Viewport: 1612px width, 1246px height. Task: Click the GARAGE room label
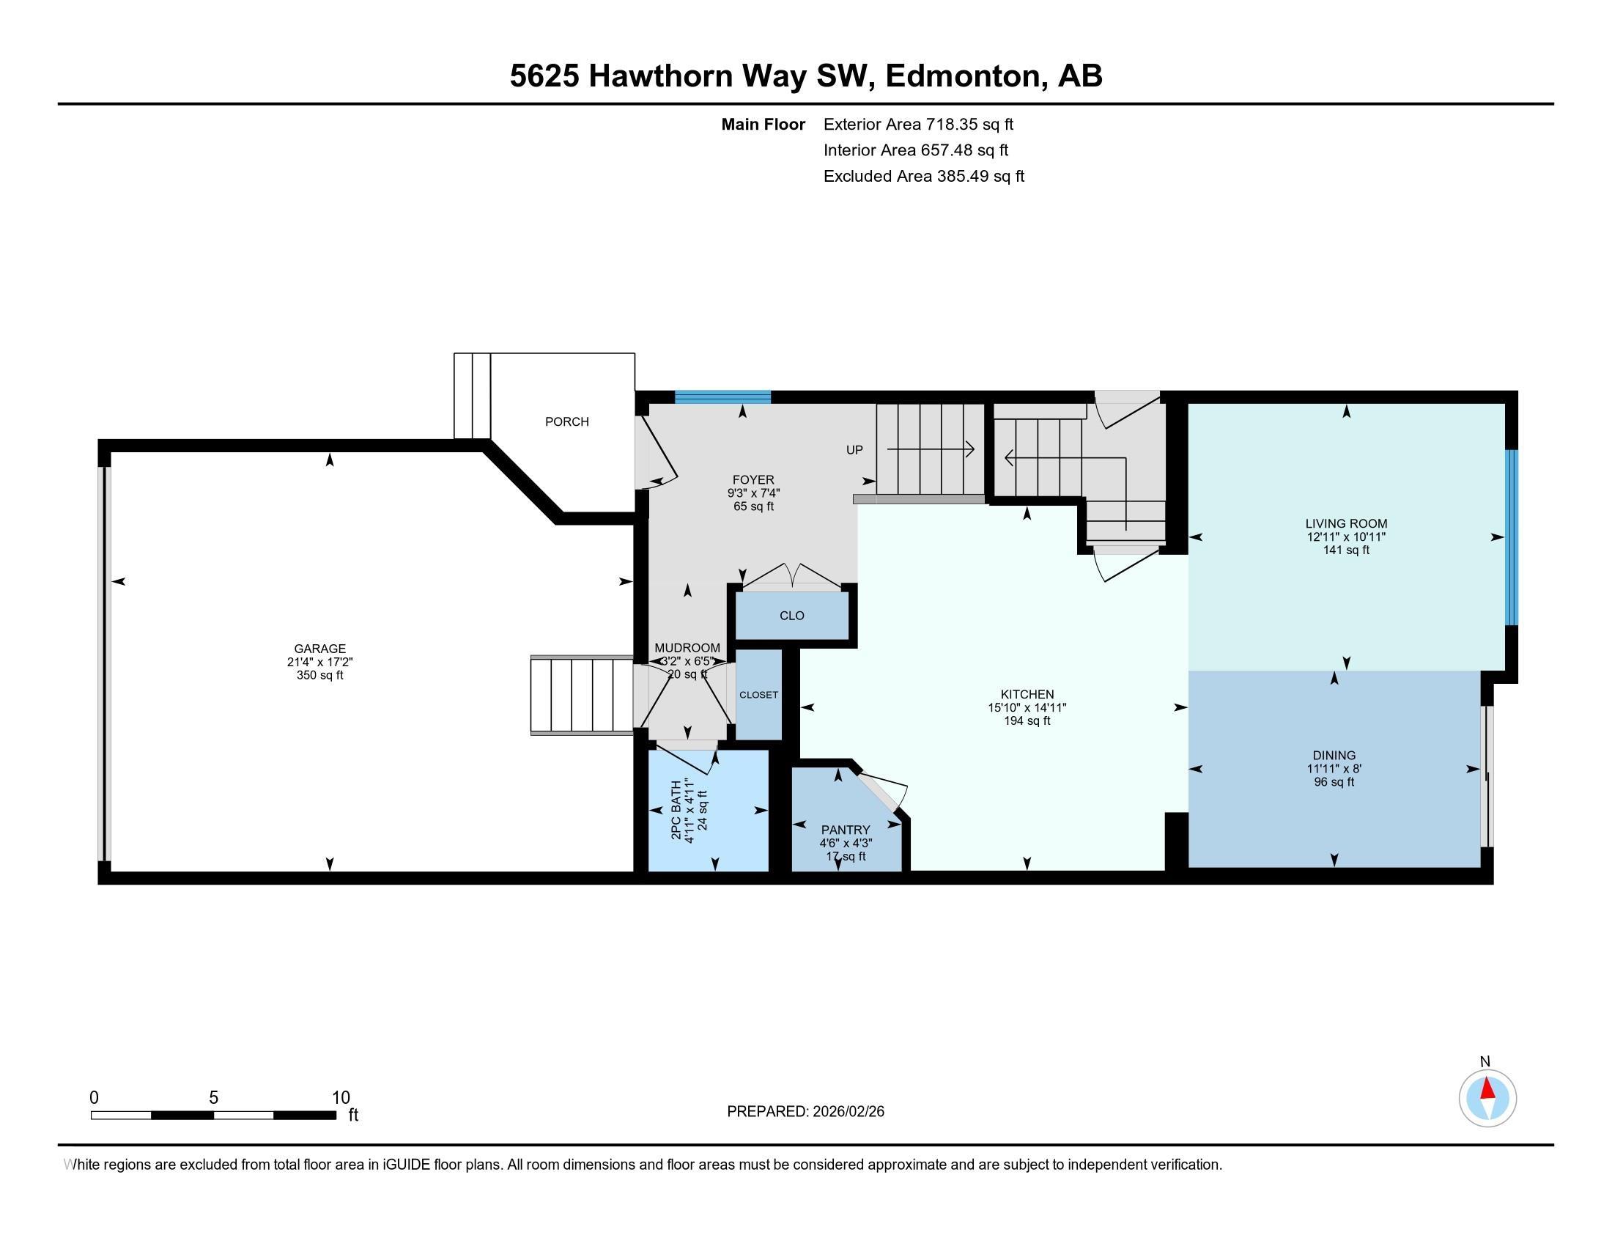(x=319, y=649)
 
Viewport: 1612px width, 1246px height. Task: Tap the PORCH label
(x=567, y=421)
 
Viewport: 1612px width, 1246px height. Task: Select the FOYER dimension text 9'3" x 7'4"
(x=753, y=493)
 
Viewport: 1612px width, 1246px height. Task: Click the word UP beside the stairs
(x=854, y=449)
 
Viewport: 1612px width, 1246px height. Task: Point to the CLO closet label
(x=791, y=616)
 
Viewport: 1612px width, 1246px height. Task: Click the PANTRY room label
(x=845, y=830)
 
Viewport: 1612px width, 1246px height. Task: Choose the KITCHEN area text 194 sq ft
(x=1027, y=720)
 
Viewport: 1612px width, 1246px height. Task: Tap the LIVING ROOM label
(x=1345, y=523)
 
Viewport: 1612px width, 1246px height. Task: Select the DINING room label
(x=1334, y=755)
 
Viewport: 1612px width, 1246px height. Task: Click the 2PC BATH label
(x=676, y=811)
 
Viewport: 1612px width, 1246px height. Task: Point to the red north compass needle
(x=1487, y=1088)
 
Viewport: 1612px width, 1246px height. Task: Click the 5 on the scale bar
(x=213, y=1098)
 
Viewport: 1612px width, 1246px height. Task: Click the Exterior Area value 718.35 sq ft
(x=969, y=124)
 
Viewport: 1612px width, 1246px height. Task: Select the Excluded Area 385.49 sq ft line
(x=923, y=177)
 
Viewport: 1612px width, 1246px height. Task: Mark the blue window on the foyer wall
(x=722, y=397)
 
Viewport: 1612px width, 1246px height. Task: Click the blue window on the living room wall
(x=1511, y=537)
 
